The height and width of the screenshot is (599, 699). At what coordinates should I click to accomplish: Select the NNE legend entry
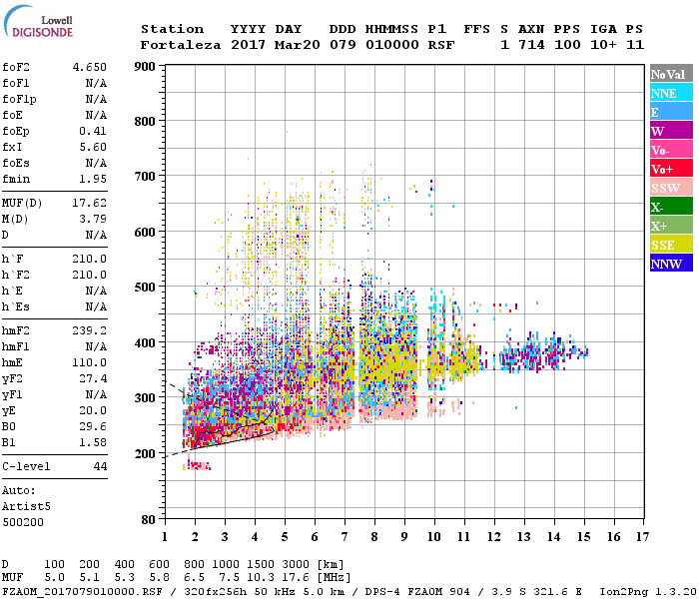pos(671,93)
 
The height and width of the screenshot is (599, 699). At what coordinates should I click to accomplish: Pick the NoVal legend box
pos(671,74)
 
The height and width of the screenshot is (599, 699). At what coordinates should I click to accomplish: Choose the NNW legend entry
pos(671,264)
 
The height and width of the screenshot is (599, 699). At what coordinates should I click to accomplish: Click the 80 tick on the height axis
pos(147,519)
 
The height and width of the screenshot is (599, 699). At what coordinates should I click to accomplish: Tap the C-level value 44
pos(100,467)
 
